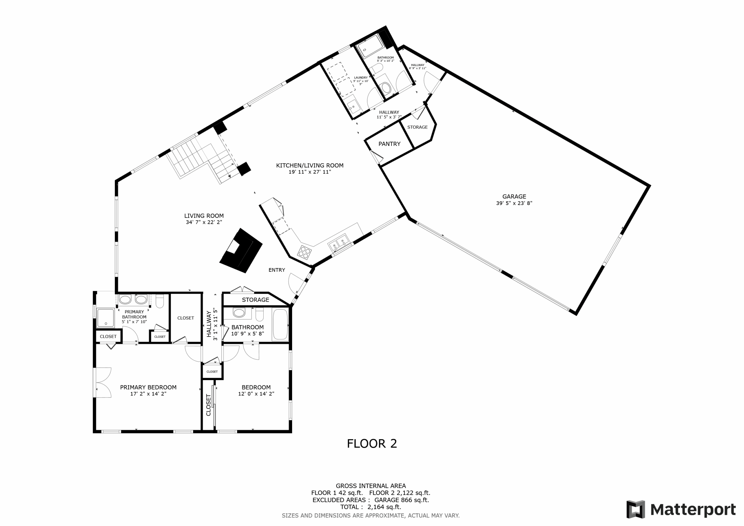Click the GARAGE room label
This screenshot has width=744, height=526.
[x=514, y=196]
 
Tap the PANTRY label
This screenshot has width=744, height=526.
[x=389, y=144]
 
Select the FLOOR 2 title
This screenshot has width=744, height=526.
[x=372, y=443]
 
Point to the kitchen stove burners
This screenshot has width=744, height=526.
[x=305, y=252]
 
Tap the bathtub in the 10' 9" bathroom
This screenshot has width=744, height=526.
[x=280, y=324]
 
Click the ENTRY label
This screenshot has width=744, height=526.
[x=277, y=270]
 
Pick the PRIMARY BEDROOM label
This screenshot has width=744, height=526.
[x=148, y=387]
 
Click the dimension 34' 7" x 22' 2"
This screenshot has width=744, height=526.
[x=204, y=222]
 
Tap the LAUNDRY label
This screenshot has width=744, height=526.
[x=361, y=78]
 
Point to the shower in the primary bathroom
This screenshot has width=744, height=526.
[x=105, y=318]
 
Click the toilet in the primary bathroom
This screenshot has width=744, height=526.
[x=160, y=301]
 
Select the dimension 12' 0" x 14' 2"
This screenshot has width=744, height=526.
[x=256, y=394]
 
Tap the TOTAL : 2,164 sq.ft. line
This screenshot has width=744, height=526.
[x=371, y=507]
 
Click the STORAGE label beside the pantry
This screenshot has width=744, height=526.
[x=417, y=127]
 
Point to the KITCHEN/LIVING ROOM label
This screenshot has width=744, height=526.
[x=310, y=165]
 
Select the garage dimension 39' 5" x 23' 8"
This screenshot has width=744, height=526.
[x=514, y=203]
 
